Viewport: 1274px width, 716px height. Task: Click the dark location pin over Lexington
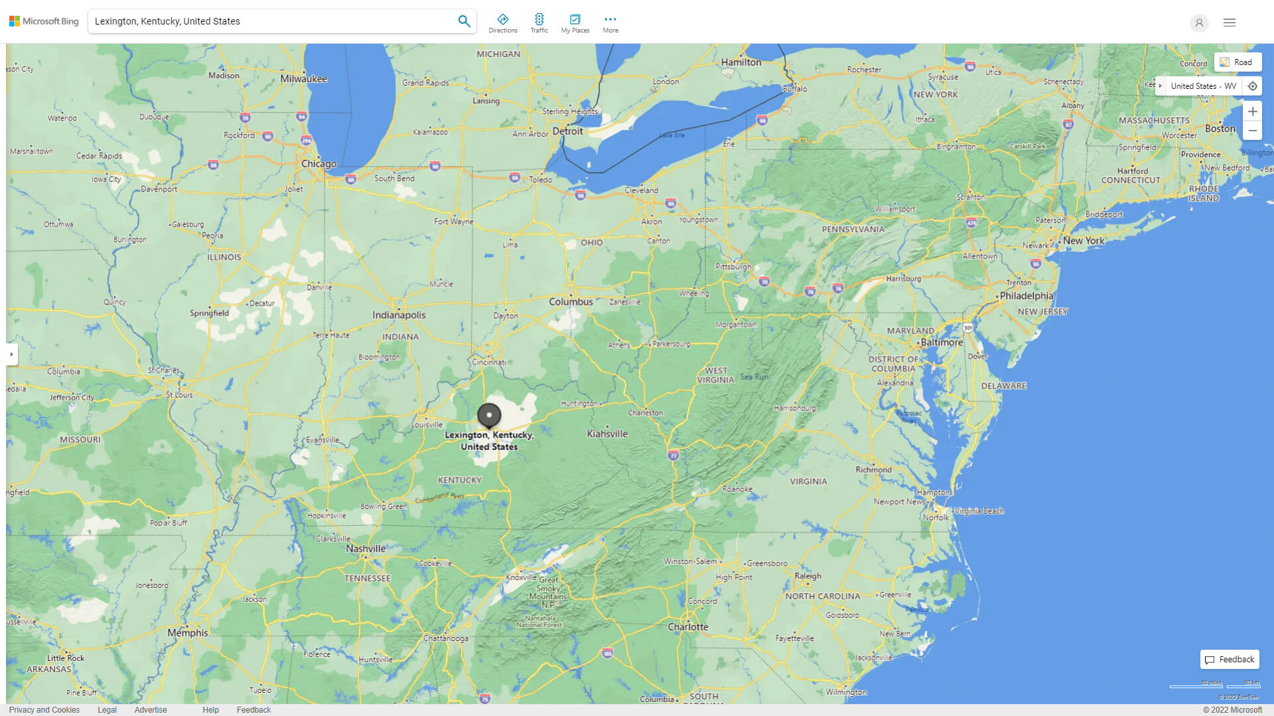pos(489,416)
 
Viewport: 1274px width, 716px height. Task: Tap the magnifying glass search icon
pos(464,21)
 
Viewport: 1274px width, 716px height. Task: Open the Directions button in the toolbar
pos(503,23)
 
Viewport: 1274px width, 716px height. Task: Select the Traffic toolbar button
pos(539,23)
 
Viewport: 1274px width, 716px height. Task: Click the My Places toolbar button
pos(575,23)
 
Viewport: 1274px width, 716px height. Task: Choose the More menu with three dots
pos(610,23)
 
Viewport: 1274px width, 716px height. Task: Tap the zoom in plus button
pos(1252,111)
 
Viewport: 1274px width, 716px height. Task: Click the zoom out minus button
pos(1252,131)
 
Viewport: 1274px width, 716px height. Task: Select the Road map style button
pos(1238,62)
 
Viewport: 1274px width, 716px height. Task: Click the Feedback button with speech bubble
pos(1230,660)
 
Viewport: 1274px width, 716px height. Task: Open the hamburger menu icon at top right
pos(1230,23)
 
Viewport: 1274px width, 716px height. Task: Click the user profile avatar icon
pos(1199,23)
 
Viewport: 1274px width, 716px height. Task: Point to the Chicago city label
pos(318,164)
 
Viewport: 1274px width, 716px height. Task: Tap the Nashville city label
pos(366,549)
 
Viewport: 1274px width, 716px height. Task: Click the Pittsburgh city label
pos(733,267)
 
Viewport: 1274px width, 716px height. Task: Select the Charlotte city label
pos(688,627)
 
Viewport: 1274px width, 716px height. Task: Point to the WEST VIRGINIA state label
pos(716,375)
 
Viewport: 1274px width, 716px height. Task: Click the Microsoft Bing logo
pos(44,21)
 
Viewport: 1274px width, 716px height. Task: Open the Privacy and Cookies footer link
pos(44,709)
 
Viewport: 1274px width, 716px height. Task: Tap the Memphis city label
pos(188,633)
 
